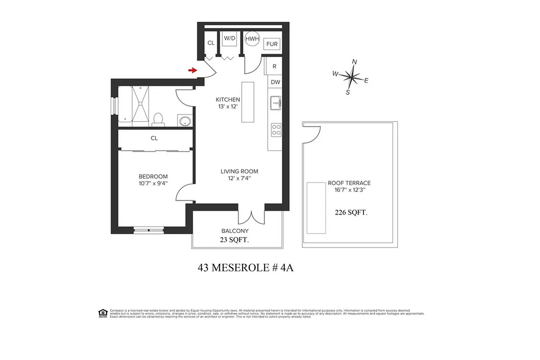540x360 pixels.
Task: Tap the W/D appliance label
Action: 230,39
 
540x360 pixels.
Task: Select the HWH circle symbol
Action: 252,39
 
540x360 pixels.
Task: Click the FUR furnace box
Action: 272,44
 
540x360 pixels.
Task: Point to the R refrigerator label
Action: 274,66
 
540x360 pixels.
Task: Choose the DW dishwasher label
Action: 275,82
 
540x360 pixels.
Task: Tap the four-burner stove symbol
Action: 275,130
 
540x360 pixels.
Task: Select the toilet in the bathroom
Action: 158,119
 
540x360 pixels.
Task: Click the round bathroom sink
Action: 184,121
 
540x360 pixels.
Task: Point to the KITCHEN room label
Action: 228,100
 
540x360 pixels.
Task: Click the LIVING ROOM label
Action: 239,171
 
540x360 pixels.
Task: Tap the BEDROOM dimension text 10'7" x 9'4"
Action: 153,183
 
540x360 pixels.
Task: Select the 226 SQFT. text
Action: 351,213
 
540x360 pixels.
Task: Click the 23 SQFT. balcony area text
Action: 235,240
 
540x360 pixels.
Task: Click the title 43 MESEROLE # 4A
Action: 245,268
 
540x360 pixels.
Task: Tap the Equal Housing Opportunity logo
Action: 103,313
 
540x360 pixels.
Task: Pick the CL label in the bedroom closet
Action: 154,139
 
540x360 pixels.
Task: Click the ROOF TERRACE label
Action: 349,183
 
